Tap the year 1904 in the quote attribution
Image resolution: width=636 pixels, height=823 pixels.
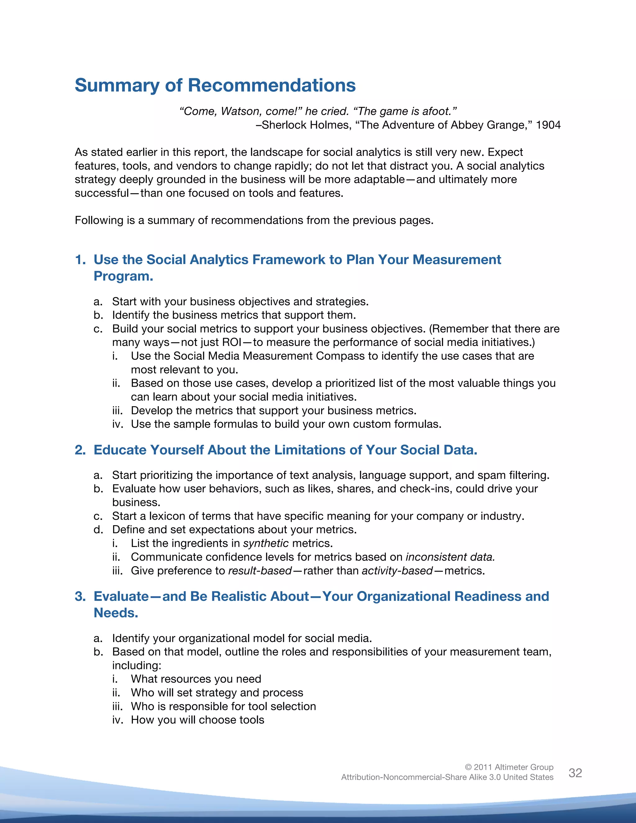click(x=548, y=125)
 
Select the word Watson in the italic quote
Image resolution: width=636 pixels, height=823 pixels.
click(x=241, y=111)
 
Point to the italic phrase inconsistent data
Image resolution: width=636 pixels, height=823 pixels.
click(x=450, y=557)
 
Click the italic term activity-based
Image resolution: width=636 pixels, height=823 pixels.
click(x=397, y=571)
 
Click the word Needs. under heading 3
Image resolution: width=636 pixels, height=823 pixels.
click(x=116, y=613)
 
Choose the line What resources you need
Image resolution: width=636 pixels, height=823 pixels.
click(x=196, y=679)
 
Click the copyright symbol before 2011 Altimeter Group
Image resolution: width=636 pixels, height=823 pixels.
click(x=468, y=767)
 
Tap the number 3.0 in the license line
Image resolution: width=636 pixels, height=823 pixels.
click(x=495, y=777)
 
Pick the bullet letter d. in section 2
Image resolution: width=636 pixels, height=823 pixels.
click(x=98, y=530)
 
